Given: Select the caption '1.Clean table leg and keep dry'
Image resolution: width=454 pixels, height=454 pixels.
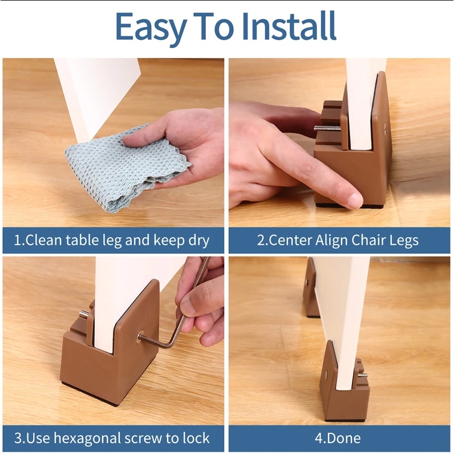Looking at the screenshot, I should [x=112, y=240].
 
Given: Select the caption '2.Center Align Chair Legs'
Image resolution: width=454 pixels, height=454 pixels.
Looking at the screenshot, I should [x=338, y=240].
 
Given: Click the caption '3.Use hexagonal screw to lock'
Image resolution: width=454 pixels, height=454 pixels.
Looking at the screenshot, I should [x=112, y=439].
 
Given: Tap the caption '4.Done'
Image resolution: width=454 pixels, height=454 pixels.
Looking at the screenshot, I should [x=339, y=439].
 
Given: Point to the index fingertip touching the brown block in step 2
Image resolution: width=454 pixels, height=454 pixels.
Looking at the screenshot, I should [x=353, y=200].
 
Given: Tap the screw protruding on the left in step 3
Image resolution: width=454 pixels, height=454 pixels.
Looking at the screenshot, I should [x=84, y=314].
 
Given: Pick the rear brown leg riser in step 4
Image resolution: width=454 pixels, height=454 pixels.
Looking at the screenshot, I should [x=311, y=288].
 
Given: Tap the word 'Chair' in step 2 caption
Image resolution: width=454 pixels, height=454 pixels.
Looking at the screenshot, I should [x=356, y=240].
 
